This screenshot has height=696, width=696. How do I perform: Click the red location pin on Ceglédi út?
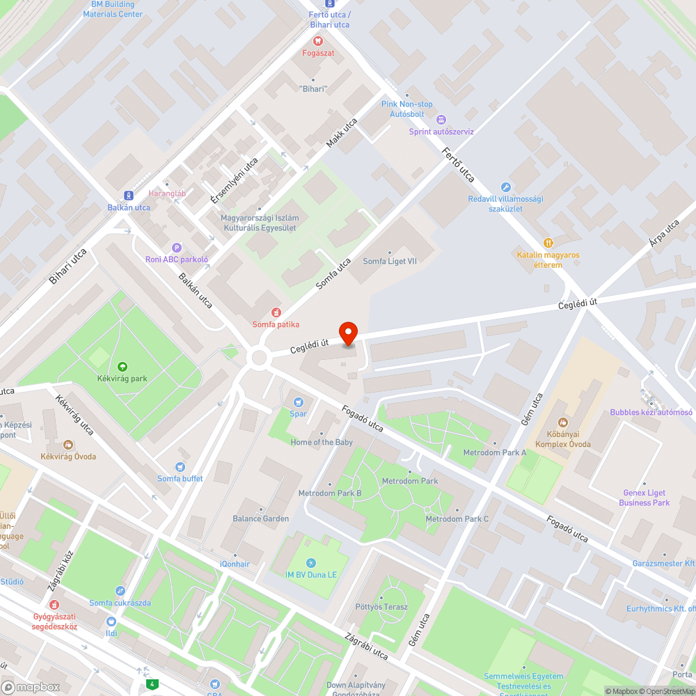pyautogui.click(x=348, y=333)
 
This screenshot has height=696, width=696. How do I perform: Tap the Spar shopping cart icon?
pyautogui.click(x=299, y=402)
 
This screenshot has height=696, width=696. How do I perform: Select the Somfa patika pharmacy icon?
pyautogui.click(x=276, y=313)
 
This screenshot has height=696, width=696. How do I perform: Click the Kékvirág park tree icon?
pyautogui.click(x=122, y=367)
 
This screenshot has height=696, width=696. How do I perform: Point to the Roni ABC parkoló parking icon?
pyautogui.click(x=177, y=248)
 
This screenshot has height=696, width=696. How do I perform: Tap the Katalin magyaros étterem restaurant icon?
pyautogui.click(x=548, y=243)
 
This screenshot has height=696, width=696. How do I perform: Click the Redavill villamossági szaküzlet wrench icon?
pyautogui.click(x=506, y=187)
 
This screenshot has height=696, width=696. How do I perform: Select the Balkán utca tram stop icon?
pyautogui.click(x=129, y=196)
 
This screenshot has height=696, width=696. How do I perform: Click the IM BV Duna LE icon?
pyautogui.click(x=310, y=562)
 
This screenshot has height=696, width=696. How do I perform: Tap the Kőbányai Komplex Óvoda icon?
pyautogui.click(x=562, y=422)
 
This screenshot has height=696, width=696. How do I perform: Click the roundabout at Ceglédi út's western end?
pyautogui.click(x=260, y=358)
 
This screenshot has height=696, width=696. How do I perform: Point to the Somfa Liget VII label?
pyautogui.click(x=390, y=262)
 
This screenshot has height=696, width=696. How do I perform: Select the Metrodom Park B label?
pyautogui.click(x=330, y=493)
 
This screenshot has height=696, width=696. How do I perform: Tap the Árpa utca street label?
pyautogui.click(x=663, y=234)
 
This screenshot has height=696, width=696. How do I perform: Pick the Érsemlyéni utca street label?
pyautogui.click(x=235, y=180)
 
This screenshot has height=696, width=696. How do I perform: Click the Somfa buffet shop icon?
pyautogui.click(x=180, y=467)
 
